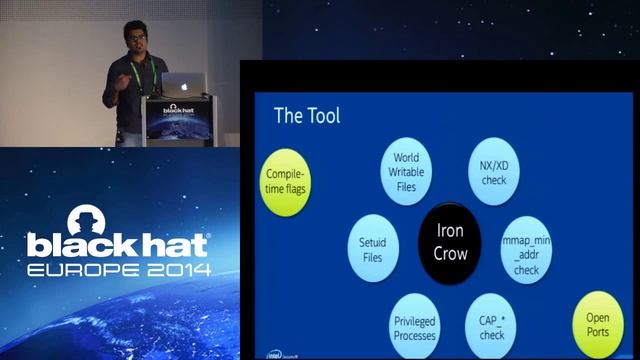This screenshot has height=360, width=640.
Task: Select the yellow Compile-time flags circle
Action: click(287, 181)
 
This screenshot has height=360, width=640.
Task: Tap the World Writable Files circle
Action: click(406, 172)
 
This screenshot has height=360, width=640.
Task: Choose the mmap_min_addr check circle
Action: click(526, 247)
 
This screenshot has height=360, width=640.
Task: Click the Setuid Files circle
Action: click(372, 252)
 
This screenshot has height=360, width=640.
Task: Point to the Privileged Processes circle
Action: click(414, 326)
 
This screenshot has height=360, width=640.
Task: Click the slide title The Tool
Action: click(307, 116)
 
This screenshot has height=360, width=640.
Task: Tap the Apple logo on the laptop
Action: click(183, 85)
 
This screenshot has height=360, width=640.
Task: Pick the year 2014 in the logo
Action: click(174, 270)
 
